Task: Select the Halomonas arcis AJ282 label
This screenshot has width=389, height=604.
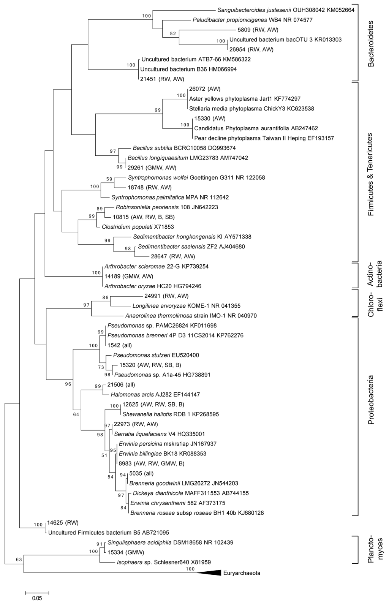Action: pyautogui.click(x=155, y=395)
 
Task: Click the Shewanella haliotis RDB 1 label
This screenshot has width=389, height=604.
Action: pyautogui.click(x=170, y=414)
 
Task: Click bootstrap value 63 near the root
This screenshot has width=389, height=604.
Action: pyautogui.click(x=19, y=559)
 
